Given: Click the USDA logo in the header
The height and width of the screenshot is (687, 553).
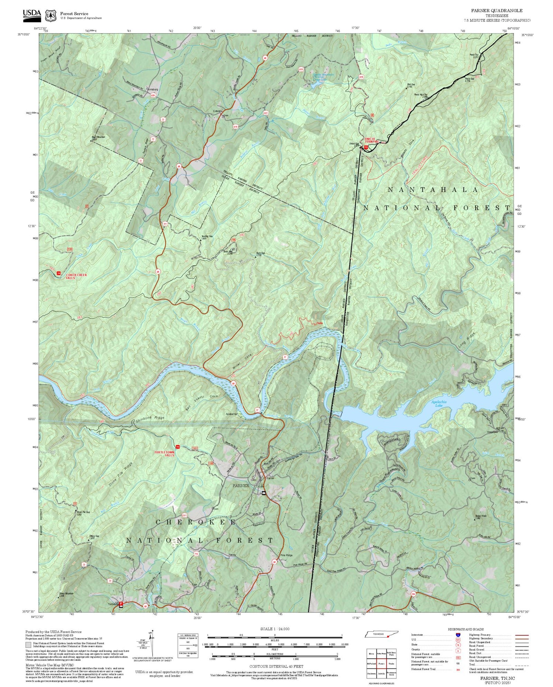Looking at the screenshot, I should click(32, 14).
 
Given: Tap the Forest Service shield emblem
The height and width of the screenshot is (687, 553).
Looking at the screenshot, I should click(51, 15).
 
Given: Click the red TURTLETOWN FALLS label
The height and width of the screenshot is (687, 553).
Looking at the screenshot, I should click(164, 453).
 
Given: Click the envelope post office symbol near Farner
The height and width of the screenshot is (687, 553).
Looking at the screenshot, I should click(264, 493).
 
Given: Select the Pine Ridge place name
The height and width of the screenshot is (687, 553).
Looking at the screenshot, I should click(286, 555).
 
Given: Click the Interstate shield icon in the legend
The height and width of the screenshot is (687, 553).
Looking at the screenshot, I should click(458, 635).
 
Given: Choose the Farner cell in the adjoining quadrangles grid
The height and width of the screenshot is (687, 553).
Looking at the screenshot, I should click(382, 663).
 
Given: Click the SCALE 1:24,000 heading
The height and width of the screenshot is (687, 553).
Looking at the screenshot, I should click(275, 629).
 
